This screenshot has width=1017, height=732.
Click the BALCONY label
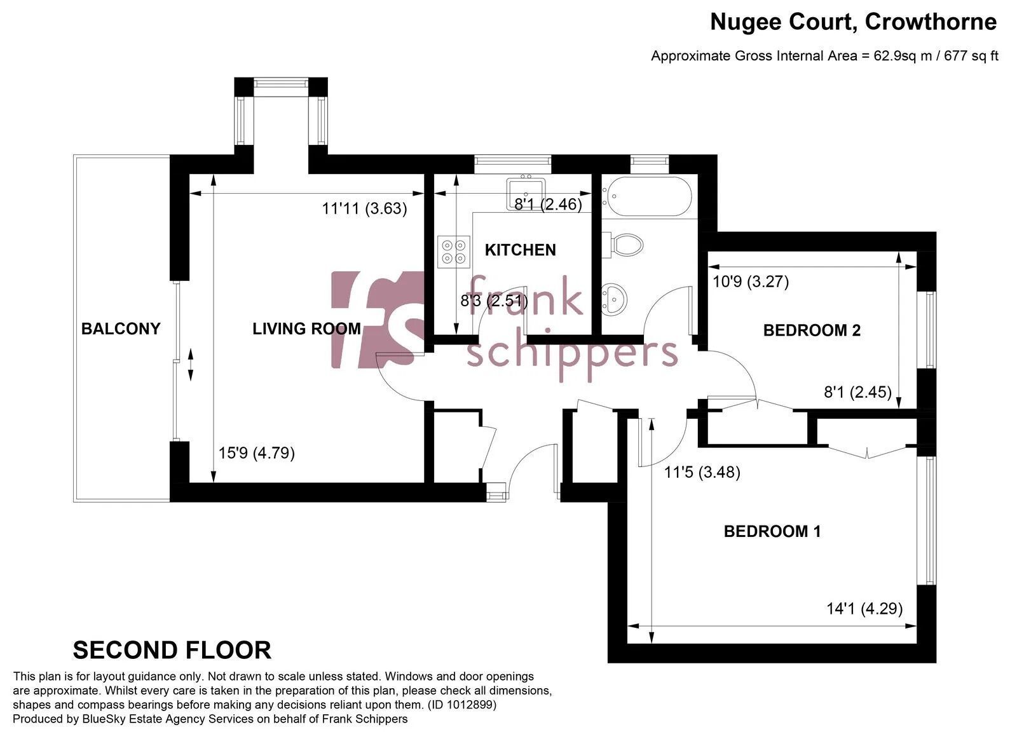pyautogui.click(x=121, y=329)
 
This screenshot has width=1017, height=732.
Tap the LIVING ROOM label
pyautogui.click(x=306, y=329)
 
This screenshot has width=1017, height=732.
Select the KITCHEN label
pyautogui.click(x=521, y=250)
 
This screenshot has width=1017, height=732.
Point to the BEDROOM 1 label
pyautogui.click(x=772, y=531)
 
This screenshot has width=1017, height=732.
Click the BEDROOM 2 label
pyautogui.click(x=812, y=330)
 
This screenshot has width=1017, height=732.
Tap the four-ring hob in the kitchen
pyautogui.click(x=454, y=252)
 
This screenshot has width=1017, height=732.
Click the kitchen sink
pyautogui.click(x=526, y=194)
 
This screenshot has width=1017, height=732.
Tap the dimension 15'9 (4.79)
pyautogui.click(x=257, y=453)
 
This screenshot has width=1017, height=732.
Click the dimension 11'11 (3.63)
pyautogui.click(x=365, y=209)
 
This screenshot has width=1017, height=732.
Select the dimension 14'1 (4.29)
pyautogui.click(x=864, y=609)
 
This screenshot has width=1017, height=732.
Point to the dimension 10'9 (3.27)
pyautogui.click(x=751, y=282)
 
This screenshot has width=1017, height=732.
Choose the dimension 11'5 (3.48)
pyautogui.click(x=702, y=472)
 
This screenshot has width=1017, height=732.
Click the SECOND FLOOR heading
pyautogui.click(x=172, y=650)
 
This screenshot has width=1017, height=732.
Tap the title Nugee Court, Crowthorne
pyautogui.click(x=854, y=22)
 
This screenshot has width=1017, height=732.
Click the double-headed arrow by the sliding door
pyautogui.click(x=191, y=365)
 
